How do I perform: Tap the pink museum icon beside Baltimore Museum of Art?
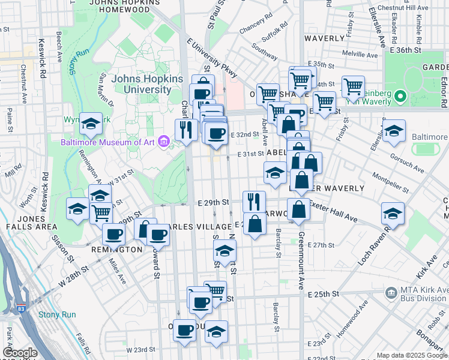[163, 142]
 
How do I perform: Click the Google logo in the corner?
[19, 353]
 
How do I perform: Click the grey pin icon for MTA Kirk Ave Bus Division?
[391, 292]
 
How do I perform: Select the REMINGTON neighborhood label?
[117, 249]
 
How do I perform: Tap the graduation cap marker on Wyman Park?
[91, 124]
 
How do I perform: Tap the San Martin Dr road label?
[109, 92]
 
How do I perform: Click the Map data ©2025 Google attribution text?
[412, 355]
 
